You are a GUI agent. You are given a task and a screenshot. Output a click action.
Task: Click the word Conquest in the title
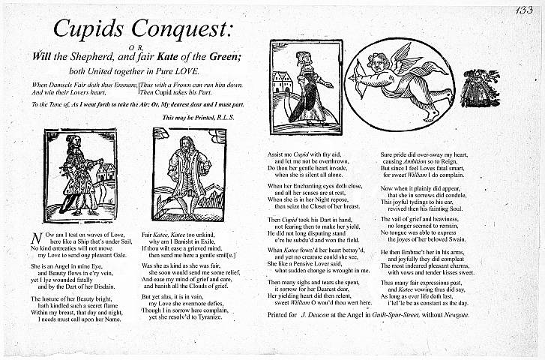[181, 30]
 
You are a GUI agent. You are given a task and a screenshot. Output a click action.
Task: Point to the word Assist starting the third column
[277, 154]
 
